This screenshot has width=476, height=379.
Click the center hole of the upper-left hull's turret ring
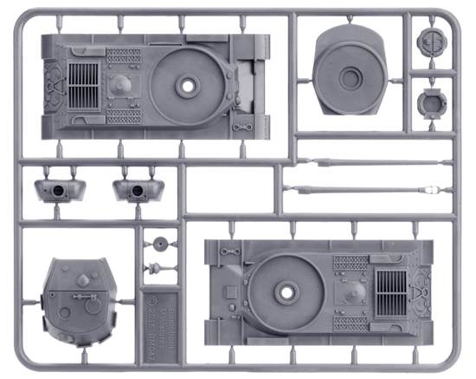coord(188,86)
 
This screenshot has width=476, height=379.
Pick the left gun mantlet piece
coord(55,189)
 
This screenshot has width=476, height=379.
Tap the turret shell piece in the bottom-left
coord(80,299)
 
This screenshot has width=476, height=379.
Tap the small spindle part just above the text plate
coord(158,266)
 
